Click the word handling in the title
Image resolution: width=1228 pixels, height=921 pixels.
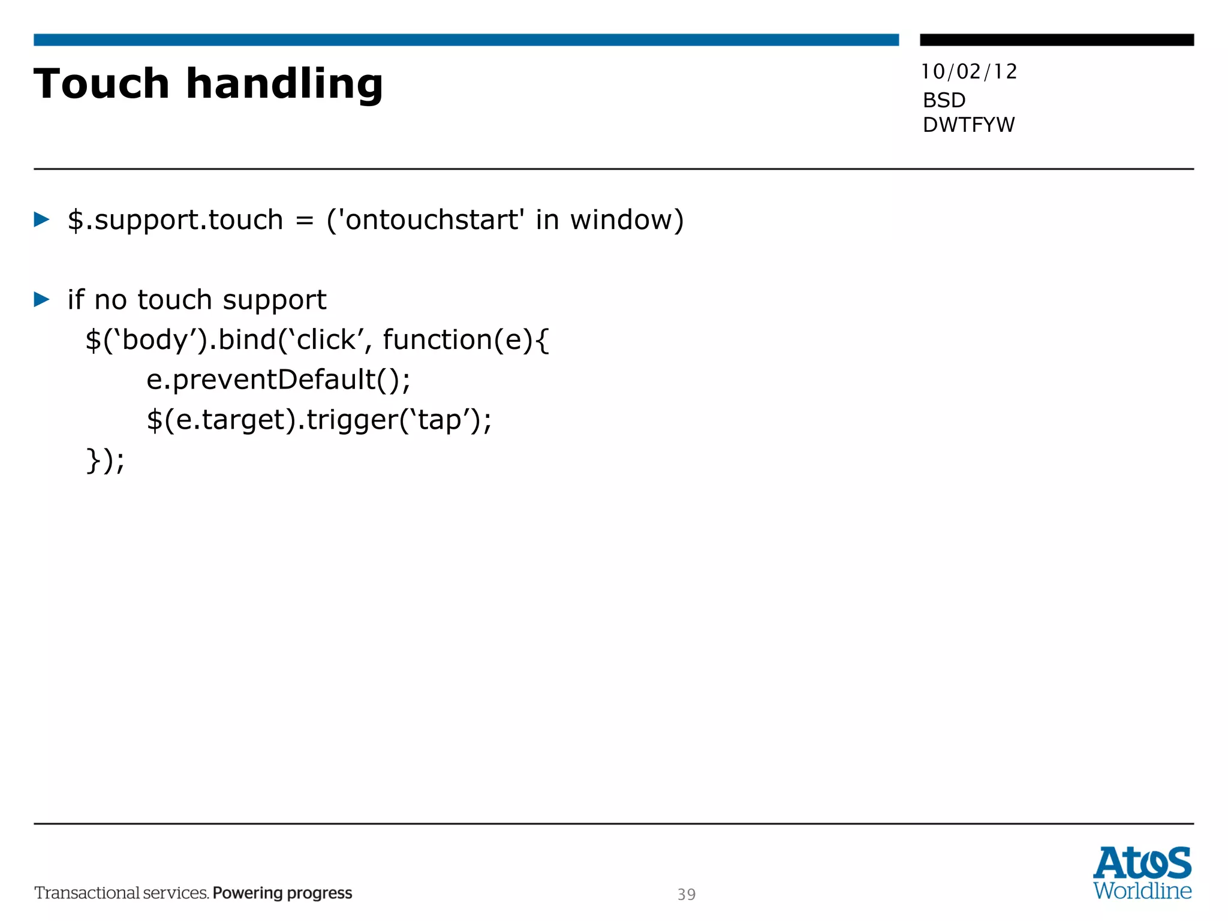pyautogui.click(x=284, y=85)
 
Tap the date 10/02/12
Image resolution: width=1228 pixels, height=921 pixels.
pyautogui.click(x=969, y=72)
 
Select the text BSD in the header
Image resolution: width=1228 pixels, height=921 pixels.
pyautogui.click(x=944, y=100)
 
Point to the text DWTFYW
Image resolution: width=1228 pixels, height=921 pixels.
pyautogui.click(x=968, y=125)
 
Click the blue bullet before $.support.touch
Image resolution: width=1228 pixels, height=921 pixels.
pyautogui.click(x=41, y=219)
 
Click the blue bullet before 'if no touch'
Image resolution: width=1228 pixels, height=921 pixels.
pyautogui.click(x=41, y=299)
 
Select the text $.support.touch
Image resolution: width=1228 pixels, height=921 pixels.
pyautogui.click(x=174, y=220)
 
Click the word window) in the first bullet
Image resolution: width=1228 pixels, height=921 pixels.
pyautogui.click(x=627, y=219)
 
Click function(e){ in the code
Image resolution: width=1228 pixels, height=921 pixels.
pyautogui.click(x=465, y=340)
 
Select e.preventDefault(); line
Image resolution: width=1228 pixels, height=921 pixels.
pyautogui.click(x=279, y=380)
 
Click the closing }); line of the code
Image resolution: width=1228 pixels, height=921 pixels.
pyautogui.click(x=106, y=460)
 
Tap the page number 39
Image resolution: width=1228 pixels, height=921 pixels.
pyautogui.click(x=687, y=894)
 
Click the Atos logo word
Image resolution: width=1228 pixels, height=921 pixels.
pyautogui.click(x=1142, y=863)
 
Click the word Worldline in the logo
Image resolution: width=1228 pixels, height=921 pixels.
pyautogui.click(x=1142, y=890)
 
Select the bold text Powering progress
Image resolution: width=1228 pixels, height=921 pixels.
pyautogui.click(x=282, y=893)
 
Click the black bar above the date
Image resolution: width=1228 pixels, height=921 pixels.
pyautogui.click(x=1057, y=40)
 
